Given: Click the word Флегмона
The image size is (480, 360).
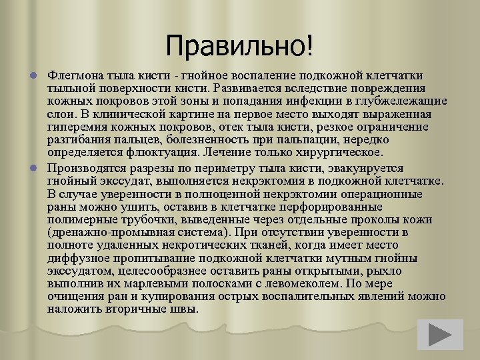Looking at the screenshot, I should point(77,75).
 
